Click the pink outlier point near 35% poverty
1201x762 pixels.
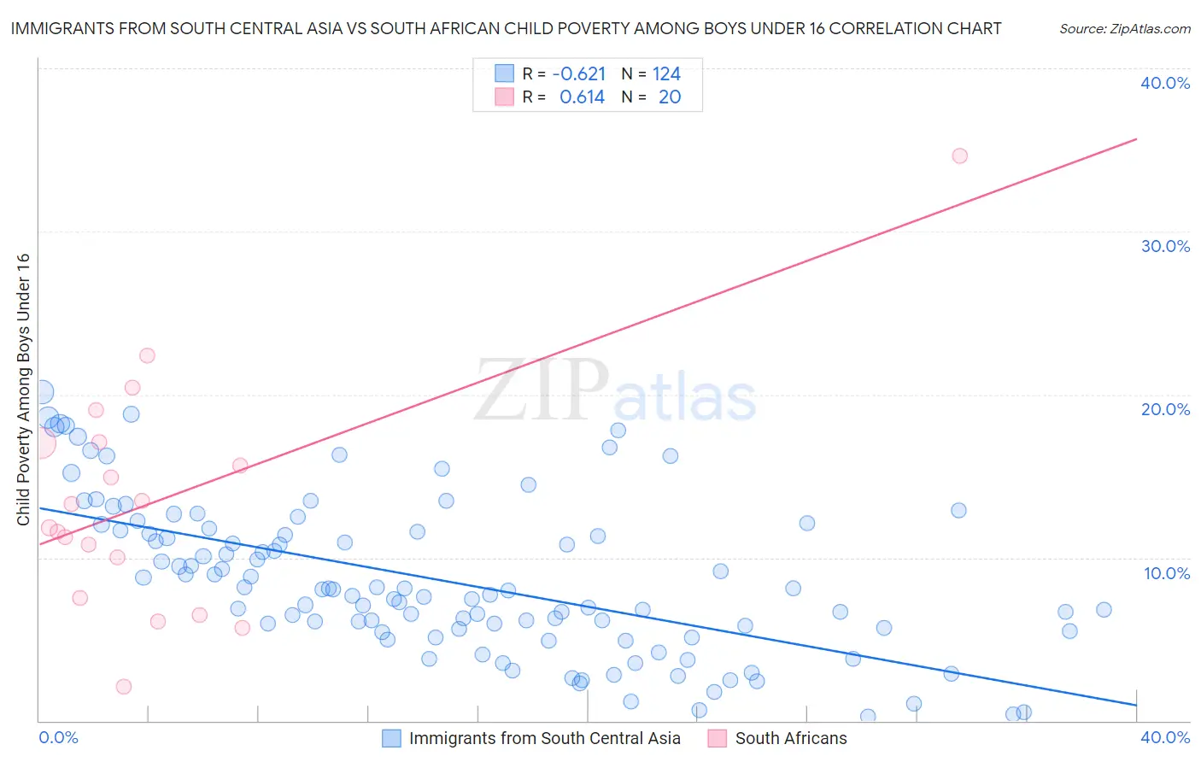coord(959,155)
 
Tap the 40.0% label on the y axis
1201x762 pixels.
coord(1164,83)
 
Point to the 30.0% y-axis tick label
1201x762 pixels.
coord(1164,246)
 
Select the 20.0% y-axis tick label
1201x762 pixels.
coord(1164,409)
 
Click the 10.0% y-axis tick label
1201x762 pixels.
coord(1166,573)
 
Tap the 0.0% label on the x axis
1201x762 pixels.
coord(58,737)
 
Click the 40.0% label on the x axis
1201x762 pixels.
coord(1164,737)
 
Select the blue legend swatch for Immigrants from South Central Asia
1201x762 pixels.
coord(391,738)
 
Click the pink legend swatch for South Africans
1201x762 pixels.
coord(718,738)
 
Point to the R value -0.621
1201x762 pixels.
coord(578,74)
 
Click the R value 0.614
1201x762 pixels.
coord(582,97)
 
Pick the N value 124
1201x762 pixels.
coord(666,74)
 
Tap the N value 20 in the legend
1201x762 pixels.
coord(670,97)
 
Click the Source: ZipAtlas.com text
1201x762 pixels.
coord(1124,29)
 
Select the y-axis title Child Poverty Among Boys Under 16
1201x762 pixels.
coord(24,390)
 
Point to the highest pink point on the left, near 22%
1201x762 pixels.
coord(147,355)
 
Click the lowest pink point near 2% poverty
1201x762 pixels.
coord(123,687)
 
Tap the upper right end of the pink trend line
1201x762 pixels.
coord(1136,138)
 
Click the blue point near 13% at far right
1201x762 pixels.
coord(958,510)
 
